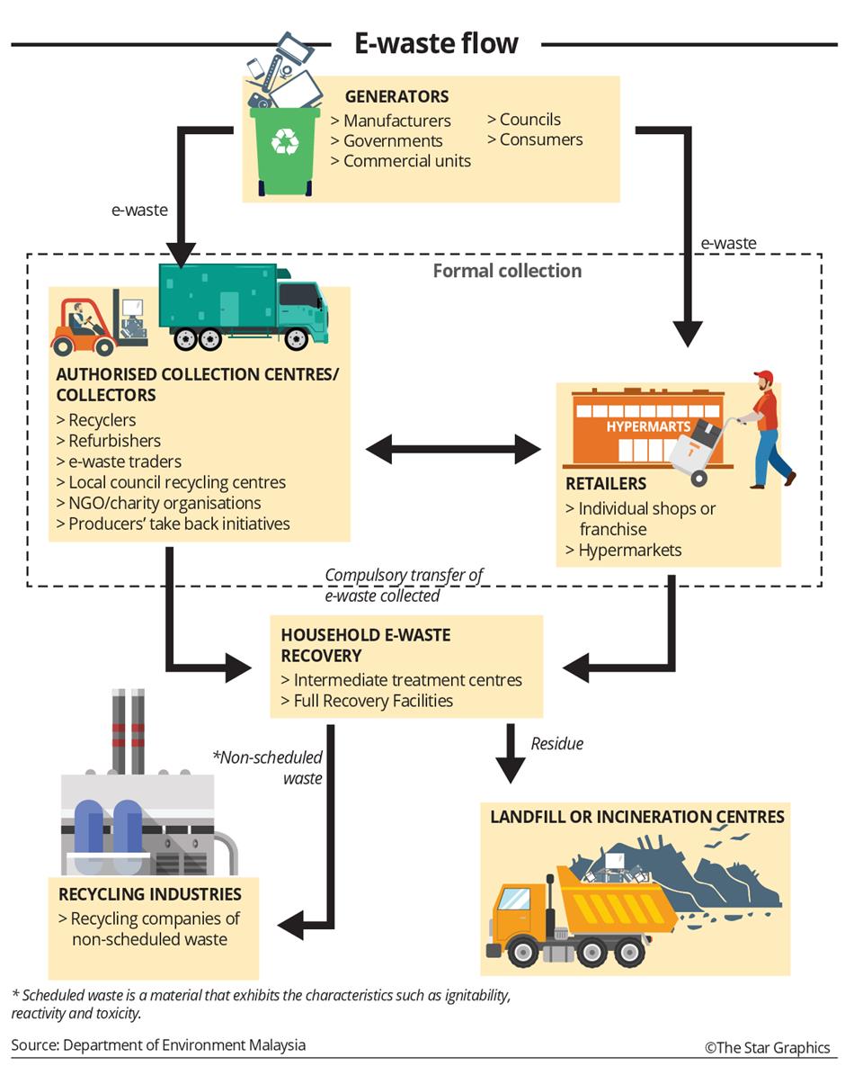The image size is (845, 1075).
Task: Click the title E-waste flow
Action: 436,43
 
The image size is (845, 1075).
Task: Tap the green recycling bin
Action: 284,151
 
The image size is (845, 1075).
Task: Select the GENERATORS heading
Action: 396,96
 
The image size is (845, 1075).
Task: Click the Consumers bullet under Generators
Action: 535,139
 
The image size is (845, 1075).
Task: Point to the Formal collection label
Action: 507,271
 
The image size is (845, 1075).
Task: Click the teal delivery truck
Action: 244,306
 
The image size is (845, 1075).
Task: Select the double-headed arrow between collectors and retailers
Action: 453,450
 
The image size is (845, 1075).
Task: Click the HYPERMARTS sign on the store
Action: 648,426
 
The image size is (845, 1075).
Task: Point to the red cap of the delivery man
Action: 763,376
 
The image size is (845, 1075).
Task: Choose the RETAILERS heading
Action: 606,484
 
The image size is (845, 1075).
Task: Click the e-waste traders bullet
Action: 119,461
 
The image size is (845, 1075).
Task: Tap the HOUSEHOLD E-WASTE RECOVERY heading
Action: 366,645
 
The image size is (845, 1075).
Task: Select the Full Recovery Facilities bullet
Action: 368,701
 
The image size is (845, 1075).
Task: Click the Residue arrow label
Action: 557,744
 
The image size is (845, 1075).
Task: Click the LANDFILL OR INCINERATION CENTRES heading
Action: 637,817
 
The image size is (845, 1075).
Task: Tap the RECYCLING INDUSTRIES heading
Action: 150,895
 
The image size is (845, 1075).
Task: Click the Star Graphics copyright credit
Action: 768,1048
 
